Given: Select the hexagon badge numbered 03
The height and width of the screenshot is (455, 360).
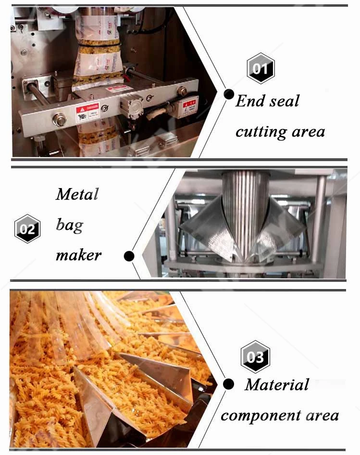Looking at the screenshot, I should pos(255,357).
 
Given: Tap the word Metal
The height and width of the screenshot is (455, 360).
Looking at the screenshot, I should pos(77,194).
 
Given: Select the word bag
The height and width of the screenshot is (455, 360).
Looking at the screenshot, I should pos(69,225).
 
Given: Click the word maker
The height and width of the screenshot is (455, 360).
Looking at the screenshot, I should pos(78,255).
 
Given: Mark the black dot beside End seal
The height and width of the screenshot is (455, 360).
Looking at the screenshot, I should pos(229,94).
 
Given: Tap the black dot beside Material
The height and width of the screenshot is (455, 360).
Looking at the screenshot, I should pos(229,384).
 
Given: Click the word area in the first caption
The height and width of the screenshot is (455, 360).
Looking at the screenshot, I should pos(308,131).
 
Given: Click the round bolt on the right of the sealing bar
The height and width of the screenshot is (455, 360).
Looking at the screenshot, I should pos(183,91).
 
